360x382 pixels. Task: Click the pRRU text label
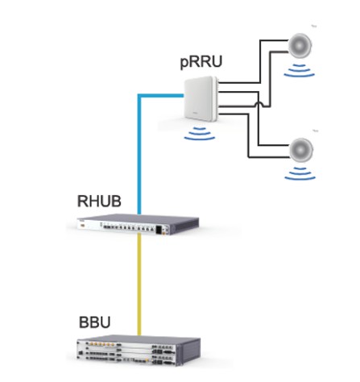click(201, 62)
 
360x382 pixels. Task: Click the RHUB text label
click(99, 201)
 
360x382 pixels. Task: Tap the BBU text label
click(95, 322)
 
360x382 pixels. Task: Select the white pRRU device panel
click(201, 100)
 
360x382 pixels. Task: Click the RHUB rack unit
click(138, 224)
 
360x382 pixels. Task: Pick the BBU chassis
click(139, 350)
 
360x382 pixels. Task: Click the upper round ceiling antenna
click(300, 46)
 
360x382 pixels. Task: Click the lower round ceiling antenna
click(301, 150)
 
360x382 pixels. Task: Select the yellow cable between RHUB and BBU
click(139, 284)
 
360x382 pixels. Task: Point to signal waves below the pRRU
click(200, 134)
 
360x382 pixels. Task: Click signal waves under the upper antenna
click(300, 70)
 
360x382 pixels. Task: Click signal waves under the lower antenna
click(300, 173)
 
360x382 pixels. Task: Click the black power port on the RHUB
click(159, 230)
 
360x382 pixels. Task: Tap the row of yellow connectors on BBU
click(103, 343)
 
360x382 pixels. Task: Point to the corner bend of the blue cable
click(139, 95)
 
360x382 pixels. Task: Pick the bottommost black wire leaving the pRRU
click(248, 135)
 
